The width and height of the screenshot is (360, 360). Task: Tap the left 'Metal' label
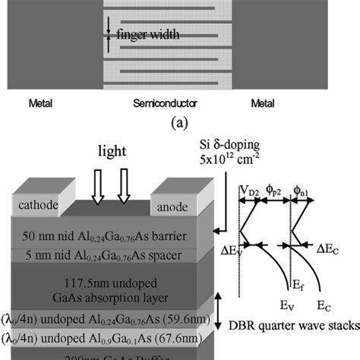[39, 102]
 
